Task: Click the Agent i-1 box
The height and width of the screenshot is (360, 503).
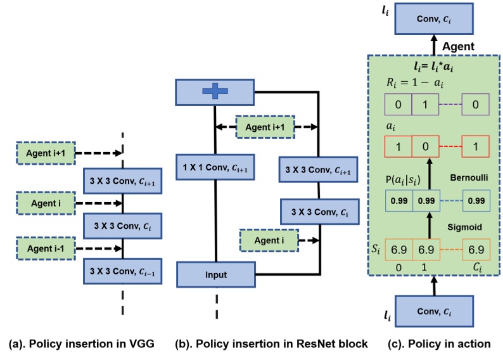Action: [x=45, y=246]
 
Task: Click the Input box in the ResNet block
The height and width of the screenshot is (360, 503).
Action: [x=215, y=274]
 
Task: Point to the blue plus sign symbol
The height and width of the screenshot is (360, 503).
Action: [x=214, y=92]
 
